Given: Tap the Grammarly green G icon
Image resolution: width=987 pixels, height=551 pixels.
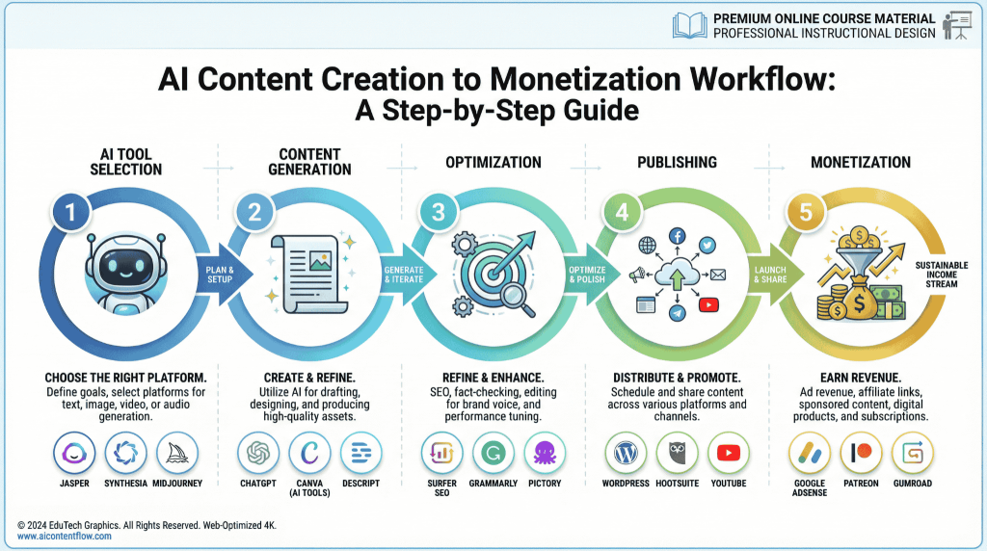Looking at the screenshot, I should coord(493,454).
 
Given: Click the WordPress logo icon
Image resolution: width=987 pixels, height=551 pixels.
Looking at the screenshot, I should coord(625,454).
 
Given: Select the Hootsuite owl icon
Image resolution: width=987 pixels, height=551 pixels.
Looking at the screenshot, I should coord(677,454).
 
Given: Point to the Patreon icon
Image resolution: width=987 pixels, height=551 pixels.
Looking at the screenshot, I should coord(861,454).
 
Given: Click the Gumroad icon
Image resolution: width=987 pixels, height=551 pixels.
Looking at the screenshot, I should coord(912,454).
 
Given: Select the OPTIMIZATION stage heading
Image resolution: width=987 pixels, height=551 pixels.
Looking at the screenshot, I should coord(493,162).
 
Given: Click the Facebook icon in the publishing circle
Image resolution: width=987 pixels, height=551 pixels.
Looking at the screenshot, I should coord(677,235).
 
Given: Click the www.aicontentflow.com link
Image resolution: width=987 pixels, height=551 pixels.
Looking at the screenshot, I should coord(64,536).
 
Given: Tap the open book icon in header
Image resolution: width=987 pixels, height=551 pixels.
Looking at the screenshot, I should coord(691,26).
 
